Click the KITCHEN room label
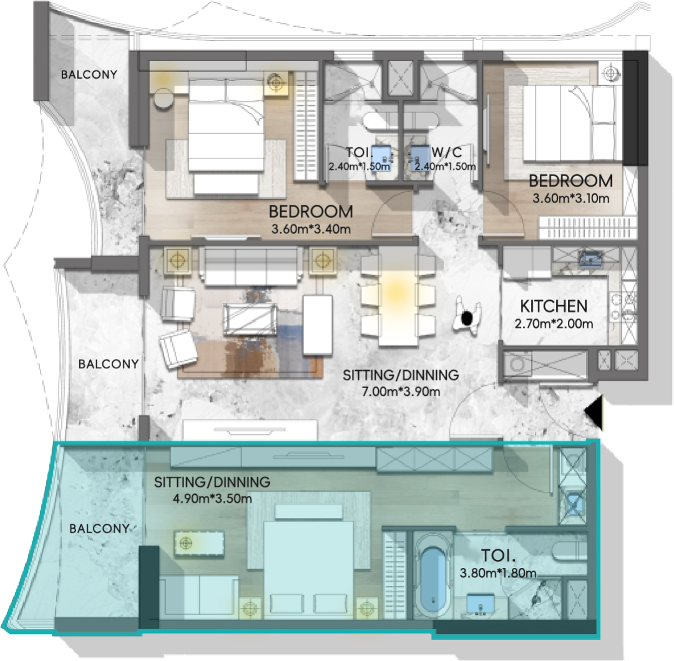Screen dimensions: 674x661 pyautogui.click(x=554, y=306)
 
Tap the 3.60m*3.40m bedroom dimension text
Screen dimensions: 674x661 pyautogui.click(x=311, y=229)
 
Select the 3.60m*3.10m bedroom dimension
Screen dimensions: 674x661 pyautogui.click(x=571, y=198)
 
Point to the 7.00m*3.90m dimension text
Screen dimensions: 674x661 pyautogui.click(x=401, y=391)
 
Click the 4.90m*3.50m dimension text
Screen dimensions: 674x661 pyautogui.click(x=212, y=499)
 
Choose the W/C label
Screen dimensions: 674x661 pyautogui.click(x=447, y=152)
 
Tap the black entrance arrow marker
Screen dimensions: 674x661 pyautogui.click(x=593, y=412)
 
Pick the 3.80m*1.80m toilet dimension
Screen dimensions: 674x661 pyautogui.click(x=498, y=573)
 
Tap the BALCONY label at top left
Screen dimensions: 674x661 pyautogui.click(x=89, y=74)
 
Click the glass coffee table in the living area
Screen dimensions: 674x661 pyautogui.click(x=250, y=318)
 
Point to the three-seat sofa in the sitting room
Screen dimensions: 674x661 pyautogui.click(x=251, y=266)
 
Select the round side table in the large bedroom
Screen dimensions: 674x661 pyautogui.click(x=164, y=99)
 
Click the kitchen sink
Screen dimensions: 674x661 pyautogui.click(x=590, y=259)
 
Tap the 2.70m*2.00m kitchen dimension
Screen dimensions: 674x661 pyautogui.click(x=554, y=323)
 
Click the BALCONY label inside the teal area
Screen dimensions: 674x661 pyautogui.click(x=99, y=528)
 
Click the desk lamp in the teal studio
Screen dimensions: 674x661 pyautogui.click(x=186, y=544)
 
